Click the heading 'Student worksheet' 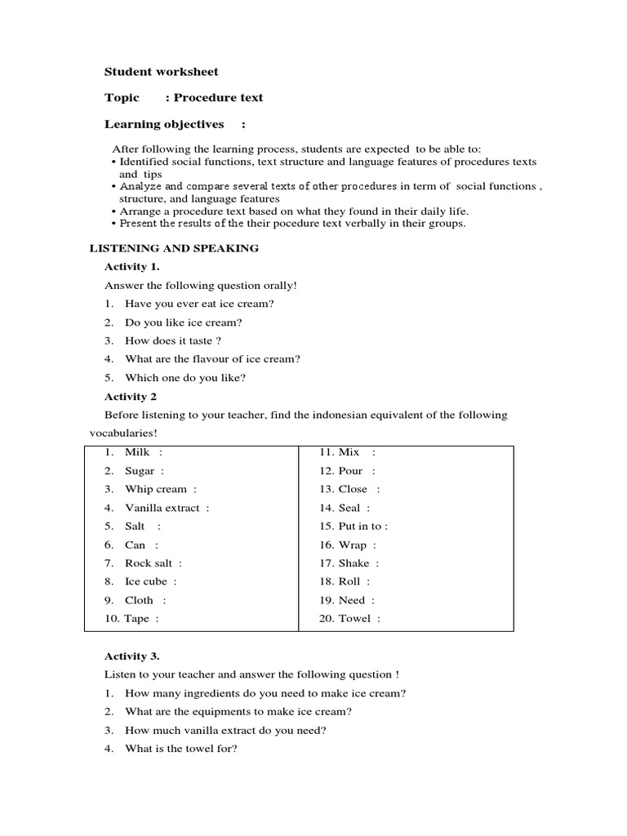[161, 72]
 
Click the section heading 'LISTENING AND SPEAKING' [173, 248]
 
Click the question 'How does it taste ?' [173, 340]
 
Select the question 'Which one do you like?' [185, 377]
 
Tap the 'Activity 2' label [131, 397]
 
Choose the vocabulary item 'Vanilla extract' [162, 508]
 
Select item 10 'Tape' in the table [136, 619]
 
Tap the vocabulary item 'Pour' [350, 471]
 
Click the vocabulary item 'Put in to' [360, 527]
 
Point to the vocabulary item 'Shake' [354, 563]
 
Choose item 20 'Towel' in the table [354, 619]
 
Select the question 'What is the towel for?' [180, 749]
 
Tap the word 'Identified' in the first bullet [143, 162]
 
